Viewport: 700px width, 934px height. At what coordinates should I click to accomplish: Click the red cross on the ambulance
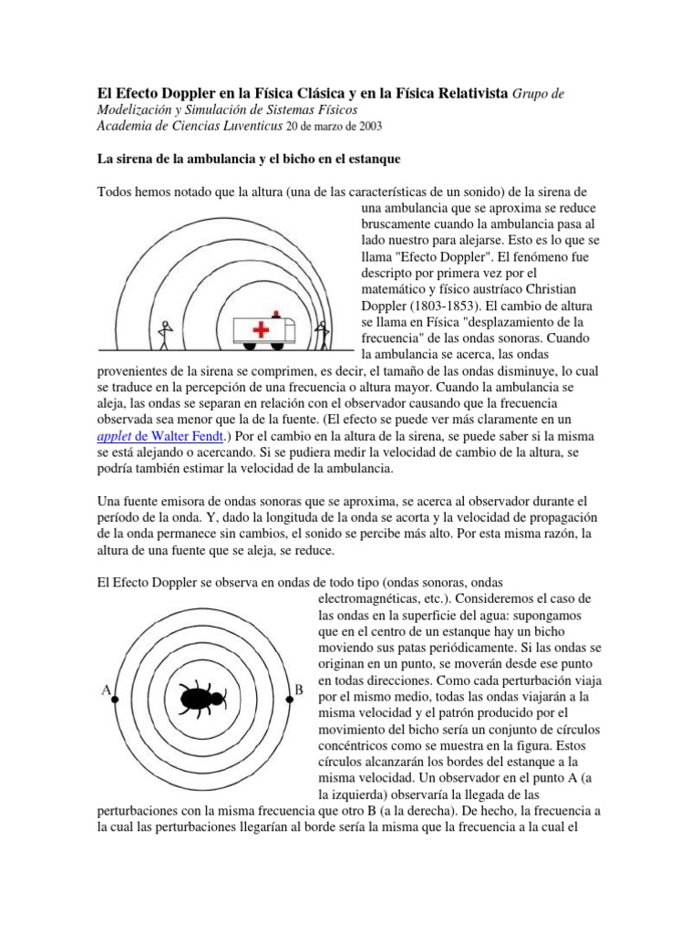pyautogui.click(x=262, y=329)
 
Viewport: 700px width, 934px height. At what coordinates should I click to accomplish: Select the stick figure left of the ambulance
pyautogui.click(x=165, y=334)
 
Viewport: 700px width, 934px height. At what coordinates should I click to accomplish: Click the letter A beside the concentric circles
pyautogui.click(x=106, y=691)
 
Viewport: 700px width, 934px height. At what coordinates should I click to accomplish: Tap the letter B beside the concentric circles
pyautogui.click(x=298, y=691)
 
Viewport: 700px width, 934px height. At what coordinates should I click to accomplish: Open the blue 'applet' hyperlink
pyautogui.click(x=115, y=437)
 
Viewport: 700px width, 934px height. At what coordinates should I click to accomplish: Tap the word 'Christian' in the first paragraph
pyautogui.click(x=570, y=289)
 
